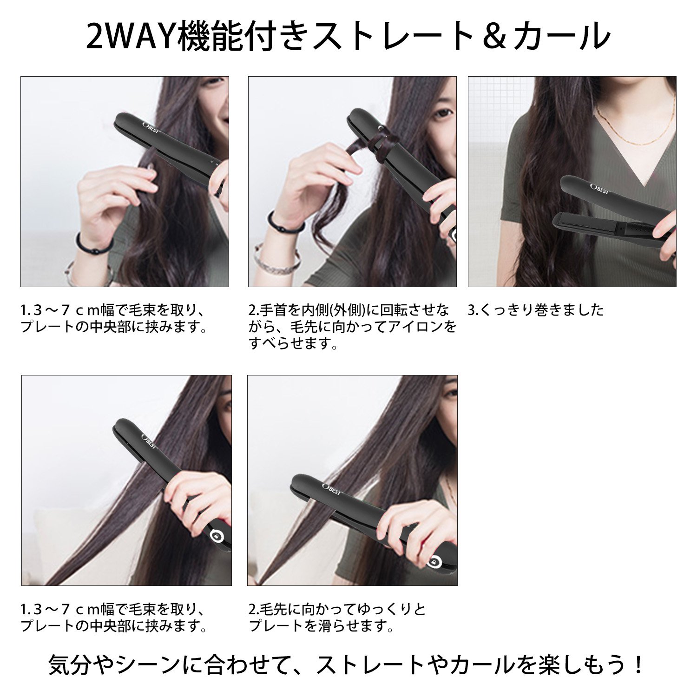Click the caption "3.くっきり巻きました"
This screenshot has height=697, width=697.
(x=535, y=309)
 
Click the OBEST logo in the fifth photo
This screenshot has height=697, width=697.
(x=332, y=489)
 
